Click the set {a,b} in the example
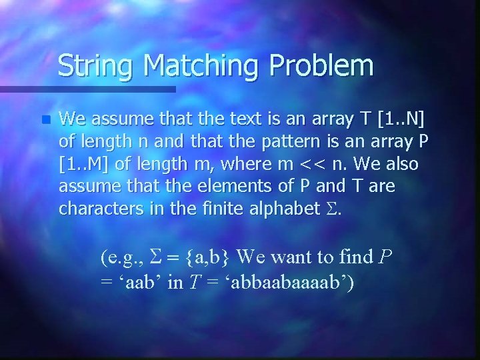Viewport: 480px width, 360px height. click(199, 256)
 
